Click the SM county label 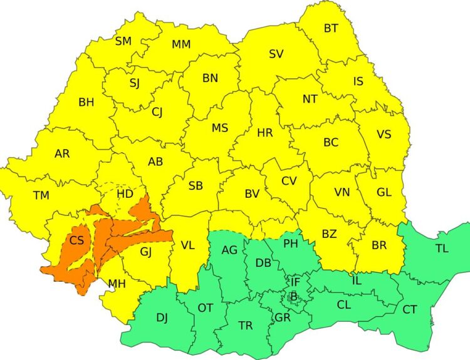pyautogui.click(x=123, y=41)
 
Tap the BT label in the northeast pyautogui.click(x=330, y=28)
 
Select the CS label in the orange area pyautogui.click(x=76, y=240)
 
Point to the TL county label pyautogui.click(x=442, y=249)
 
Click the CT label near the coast pyautogui.click(x=409, y=309)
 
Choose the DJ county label pyautogui.click(x=162, y=318)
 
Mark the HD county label pyautogui.click(x=125, y=194)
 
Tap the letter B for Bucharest pyautogui.click(x=293, y=296)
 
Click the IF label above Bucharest pyautogui.click(x=295, y=282)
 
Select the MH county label pyautogui.click(x=117, y=284)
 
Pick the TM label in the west pyautogui.click(x=41, y=195)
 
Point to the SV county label pyautogui.click(x=276, y=54)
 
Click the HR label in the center pyautogui.click(x=264, y=133)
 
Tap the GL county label pyautogui.click(x=384, y=193)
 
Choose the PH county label pyautogui.click(x=291, y=243)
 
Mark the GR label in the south pyautogui.click(x=282, y=317)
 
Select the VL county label pyautogui.click(x=187, y=245)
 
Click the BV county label pyautogui.click(x=252, y=194)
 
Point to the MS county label pyautogui.click(x=219, y=128)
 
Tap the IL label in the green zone pyautogui.click(x=357, y=280)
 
